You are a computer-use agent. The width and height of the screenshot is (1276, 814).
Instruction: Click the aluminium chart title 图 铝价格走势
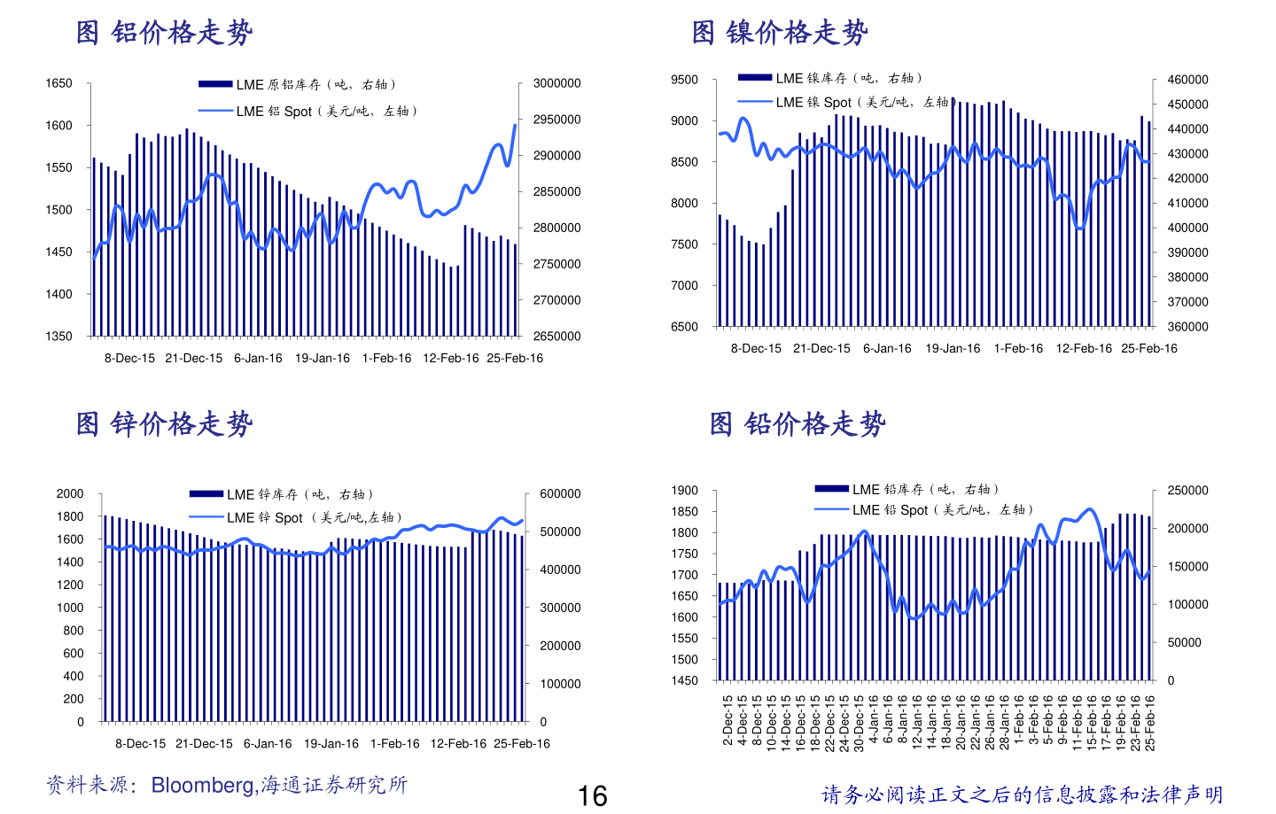click(x=165, y=33)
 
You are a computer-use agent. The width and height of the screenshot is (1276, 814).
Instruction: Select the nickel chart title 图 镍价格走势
click(x=780, y=33)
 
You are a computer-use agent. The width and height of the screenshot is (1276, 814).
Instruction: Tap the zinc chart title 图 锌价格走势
click(x=165, y=424)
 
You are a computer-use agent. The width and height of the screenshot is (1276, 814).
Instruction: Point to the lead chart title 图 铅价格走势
click(x=797, y=424)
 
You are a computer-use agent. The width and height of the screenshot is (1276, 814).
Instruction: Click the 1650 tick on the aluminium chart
click(x=58, y=83)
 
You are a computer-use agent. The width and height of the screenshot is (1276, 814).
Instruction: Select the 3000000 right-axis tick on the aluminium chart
click(x=556, y=83)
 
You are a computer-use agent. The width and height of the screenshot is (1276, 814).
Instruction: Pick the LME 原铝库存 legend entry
click(x=297, y=85)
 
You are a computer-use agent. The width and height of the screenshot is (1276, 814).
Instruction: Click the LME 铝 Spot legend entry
click(x=307, y=112)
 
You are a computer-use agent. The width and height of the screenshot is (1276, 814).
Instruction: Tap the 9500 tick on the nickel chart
click(x=684, y=80)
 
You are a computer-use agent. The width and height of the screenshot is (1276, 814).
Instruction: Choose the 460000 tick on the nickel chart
click(x=1187, y=80)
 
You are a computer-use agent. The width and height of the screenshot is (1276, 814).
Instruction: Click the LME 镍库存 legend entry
click(x=830, y=79)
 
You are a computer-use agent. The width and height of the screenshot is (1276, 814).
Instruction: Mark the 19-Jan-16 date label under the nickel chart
click(x=953, y=349)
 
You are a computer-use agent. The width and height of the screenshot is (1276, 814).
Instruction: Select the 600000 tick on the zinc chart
click(x=560, y=494)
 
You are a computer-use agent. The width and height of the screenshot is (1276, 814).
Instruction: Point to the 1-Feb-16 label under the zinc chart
click(x=394, y=744)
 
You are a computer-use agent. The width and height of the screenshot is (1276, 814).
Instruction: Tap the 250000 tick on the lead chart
click(x=1187, y=491)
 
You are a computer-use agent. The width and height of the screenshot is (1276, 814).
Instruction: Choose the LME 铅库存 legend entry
click(x=906, y=490)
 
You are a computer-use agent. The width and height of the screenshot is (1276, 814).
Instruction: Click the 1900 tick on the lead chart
click(x=684, y=491)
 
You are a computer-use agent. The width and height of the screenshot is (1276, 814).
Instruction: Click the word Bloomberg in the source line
click(x=203, y=786)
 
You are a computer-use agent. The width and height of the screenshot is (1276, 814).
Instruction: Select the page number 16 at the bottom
click(x=592, y=796)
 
